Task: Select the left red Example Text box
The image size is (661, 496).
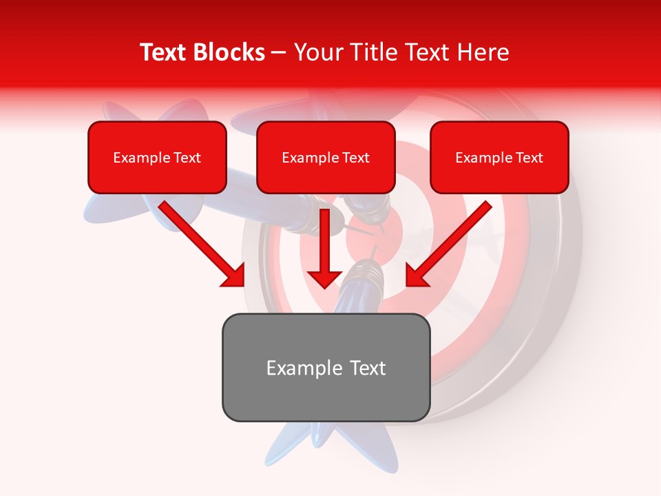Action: (x=157, y=157)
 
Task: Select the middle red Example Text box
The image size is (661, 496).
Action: (x=326, y=157)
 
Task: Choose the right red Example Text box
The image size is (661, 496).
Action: (x=499, y=157)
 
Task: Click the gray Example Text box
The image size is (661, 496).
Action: (x=326, y=367)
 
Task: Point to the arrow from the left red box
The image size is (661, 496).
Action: (x=200, y=242)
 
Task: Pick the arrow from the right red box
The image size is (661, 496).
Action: (x=451, y=242)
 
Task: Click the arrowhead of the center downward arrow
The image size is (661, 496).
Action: (x=324, y=277)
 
